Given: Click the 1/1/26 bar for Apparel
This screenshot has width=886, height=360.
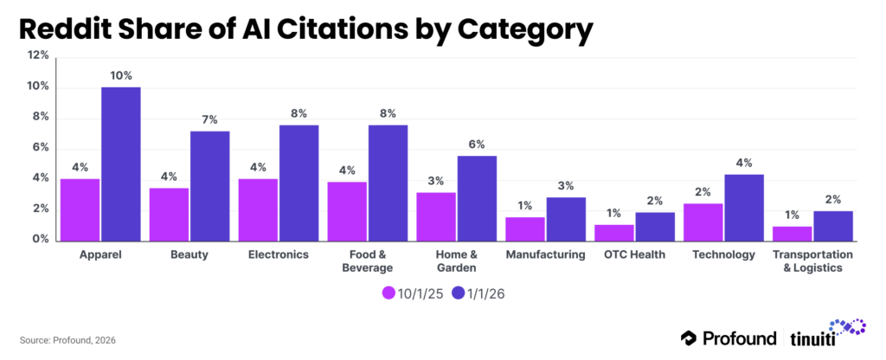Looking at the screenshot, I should [x=120, y=164].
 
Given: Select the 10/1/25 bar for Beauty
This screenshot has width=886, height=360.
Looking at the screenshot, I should [x=169, y=214].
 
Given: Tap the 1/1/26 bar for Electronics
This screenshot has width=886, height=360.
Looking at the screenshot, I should [x=299, y=183].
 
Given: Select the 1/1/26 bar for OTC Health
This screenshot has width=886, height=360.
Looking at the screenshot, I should [x=655, y=226].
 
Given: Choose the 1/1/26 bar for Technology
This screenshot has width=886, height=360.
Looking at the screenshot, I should [x=744, y=208].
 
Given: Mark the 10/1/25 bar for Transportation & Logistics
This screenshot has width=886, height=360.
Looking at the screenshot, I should [x=793, y=233].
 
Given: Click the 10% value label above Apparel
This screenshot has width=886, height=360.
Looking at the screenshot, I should [x=120, y=75].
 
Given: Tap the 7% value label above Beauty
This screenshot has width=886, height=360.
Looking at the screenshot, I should [x=209, y=119].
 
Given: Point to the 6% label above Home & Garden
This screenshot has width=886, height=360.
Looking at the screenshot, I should [x=477, y=145].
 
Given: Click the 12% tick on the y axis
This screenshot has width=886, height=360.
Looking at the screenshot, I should [x=38, y=55].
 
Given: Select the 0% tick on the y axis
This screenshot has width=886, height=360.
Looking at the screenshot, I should [x=40, y=240].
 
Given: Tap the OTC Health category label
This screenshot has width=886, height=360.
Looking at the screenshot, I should [x=635, y=255].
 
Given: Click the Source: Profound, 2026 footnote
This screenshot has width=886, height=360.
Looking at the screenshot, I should [x=66, y=340].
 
